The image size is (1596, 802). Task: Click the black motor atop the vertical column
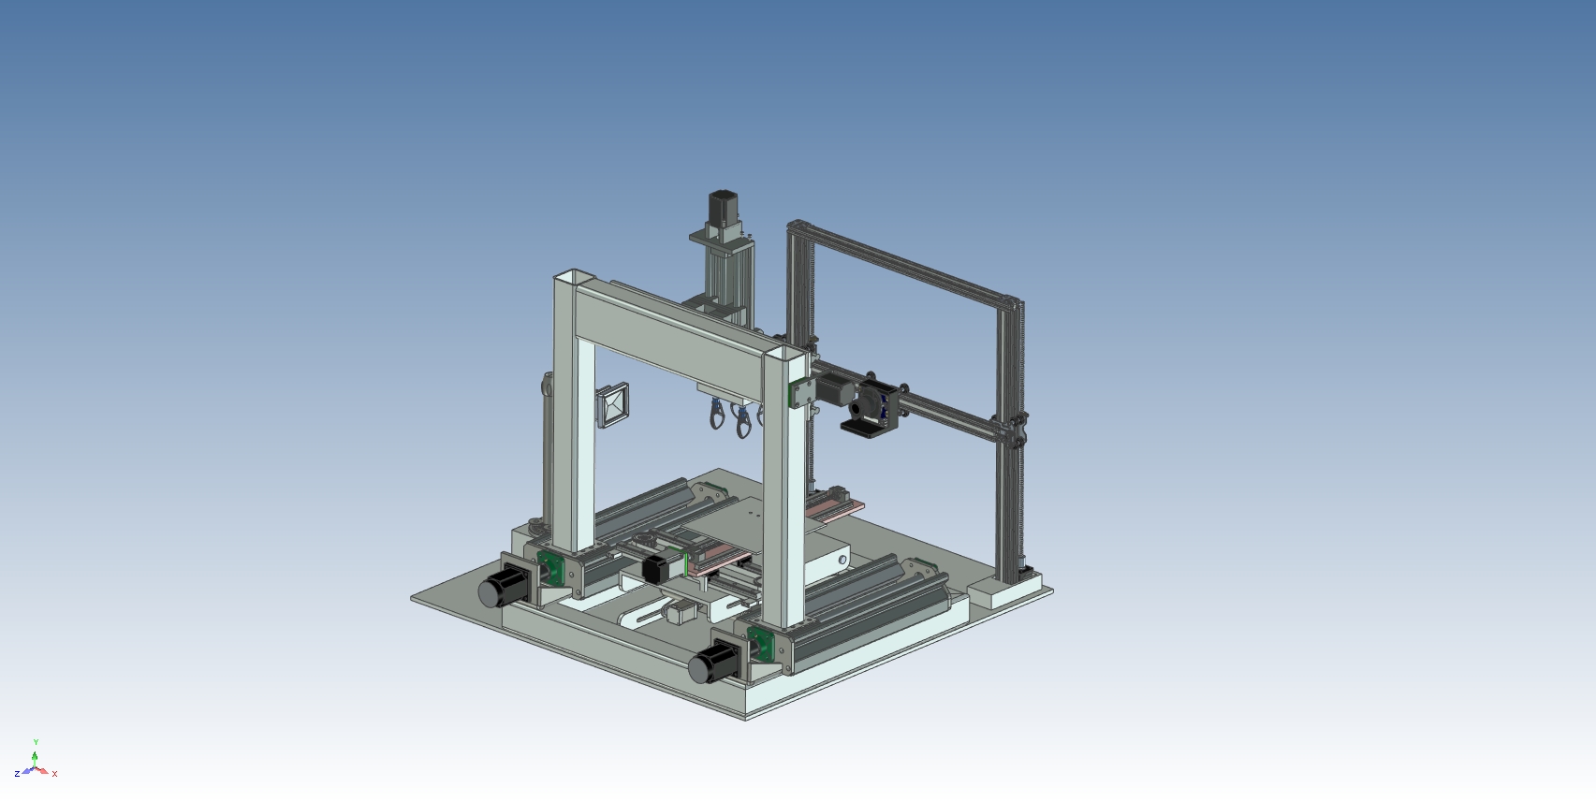pyautogui.click(x=724, y=207)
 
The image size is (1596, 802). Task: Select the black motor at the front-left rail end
pyautogui.click(x=504, y=586)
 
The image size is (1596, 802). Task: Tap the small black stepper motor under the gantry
pyautogui.click(x=655, y=569)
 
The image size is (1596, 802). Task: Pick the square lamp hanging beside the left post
pyautogui.click(x=613, y=405)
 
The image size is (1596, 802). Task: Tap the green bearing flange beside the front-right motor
pyautogui.click(x=761, y=643)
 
